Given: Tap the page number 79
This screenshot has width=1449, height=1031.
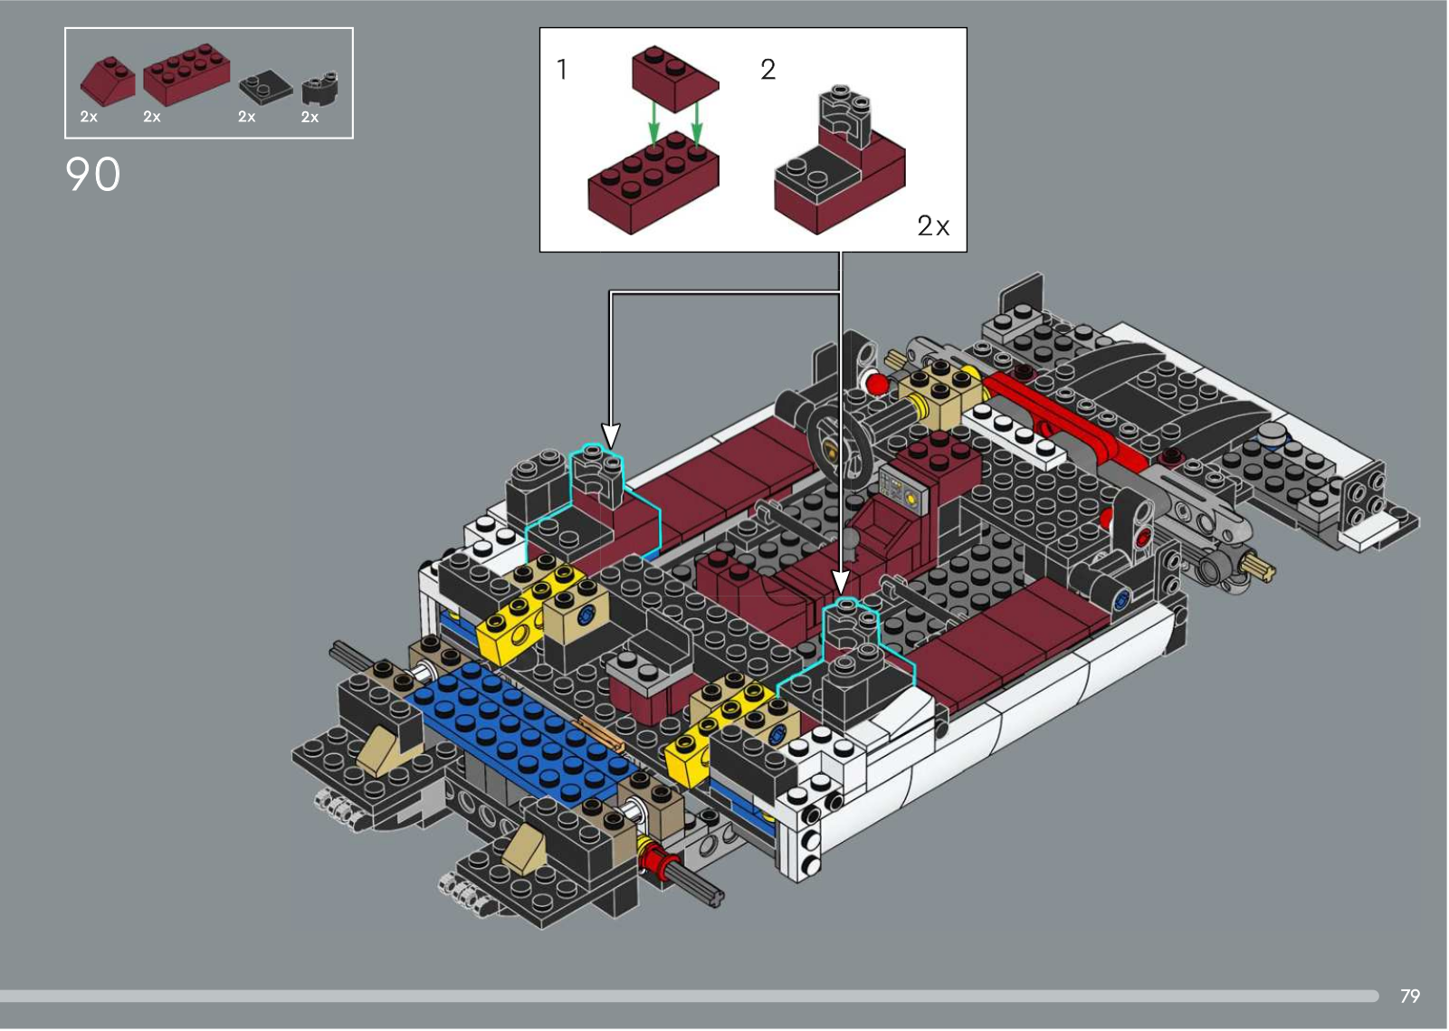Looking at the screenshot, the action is point(1409,996).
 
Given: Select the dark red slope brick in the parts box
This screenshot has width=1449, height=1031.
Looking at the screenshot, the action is point(108,81).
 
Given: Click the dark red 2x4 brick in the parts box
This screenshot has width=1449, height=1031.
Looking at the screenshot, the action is point(186,73).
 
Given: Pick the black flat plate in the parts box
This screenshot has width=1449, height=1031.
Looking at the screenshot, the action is point(265,87).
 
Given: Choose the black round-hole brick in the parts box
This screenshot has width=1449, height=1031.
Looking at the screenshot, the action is point(320,89).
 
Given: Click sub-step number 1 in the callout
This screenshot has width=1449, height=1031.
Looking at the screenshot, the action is point(562,69).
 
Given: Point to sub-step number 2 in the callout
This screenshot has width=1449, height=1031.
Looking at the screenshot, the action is point(767,69).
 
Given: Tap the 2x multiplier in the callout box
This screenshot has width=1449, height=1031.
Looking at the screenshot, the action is point(933,225).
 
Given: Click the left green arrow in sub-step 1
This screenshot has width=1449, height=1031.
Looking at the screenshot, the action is point(654,123).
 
